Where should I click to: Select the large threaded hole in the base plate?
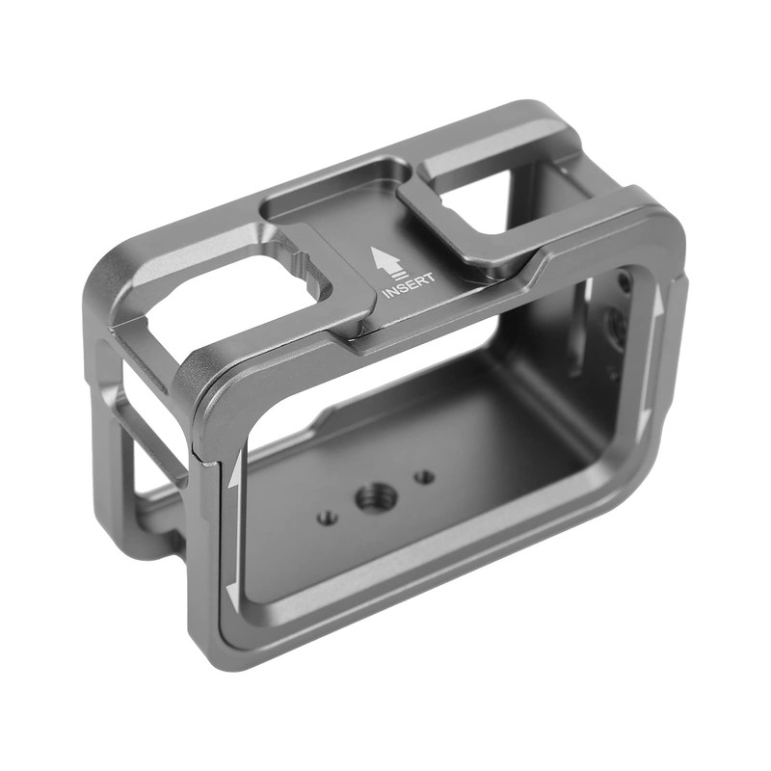pyautogui.click(x=371, y=498)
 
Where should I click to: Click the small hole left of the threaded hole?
pyautogui.click(x=328, y=517)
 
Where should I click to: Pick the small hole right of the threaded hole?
pyautogui.click(x=423, y=476)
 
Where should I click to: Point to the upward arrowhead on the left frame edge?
pyautogui.click(x=234, y=472)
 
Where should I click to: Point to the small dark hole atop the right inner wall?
pyautogui.click(x=625, y=281)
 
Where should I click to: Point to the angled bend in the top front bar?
pyautogui.click(x=536, y=271)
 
